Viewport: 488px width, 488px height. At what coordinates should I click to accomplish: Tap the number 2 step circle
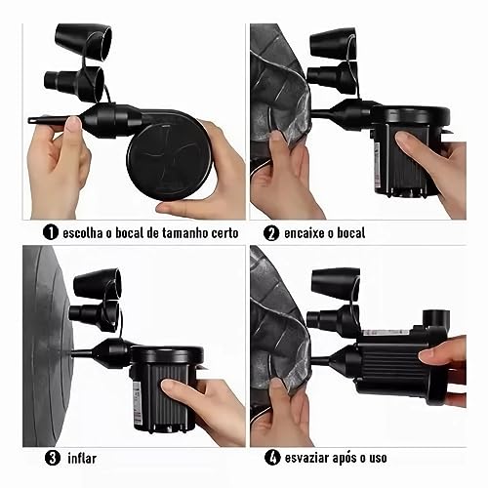tap(270, 233)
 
